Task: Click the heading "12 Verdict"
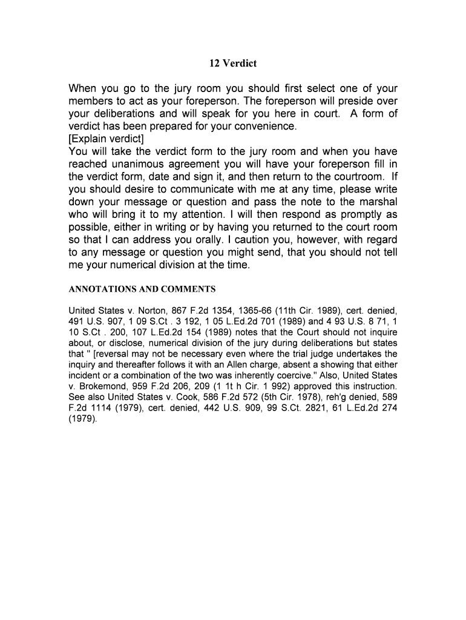tap(233, 63)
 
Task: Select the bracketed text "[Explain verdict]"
tap(106, 139)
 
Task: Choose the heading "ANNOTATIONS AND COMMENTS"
tap(142, 289)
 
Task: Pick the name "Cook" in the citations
tap(176, 397)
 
